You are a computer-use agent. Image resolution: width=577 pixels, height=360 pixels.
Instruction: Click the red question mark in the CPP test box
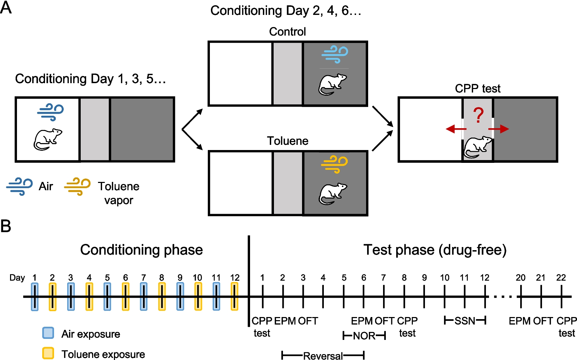[478, 115]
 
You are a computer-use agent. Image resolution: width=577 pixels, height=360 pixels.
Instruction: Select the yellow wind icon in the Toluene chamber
[334, 164]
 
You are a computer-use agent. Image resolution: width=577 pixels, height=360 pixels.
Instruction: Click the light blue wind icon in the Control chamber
[335, 54]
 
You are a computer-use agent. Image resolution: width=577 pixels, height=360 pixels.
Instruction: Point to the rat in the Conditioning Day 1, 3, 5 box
[47, 139]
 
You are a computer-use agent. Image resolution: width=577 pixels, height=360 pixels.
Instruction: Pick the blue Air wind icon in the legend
[19, 186]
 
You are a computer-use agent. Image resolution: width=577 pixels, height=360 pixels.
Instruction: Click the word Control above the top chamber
[287, 32]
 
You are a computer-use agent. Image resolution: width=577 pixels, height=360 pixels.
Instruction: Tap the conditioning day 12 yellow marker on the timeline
[234, 297]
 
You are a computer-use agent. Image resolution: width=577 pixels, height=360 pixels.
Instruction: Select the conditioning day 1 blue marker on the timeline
[35, 297]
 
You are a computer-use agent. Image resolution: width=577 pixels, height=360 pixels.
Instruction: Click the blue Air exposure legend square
[48, 333]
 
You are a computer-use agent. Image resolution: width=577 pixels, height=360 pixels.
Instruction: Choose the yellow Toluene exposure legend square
[48, 353]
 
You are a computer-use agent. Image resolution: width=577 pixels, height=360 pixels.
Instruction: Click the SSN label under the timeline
[465, 321]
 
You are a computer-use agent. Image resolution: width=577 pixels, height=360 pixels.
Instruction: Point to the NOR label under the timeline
[364, 336]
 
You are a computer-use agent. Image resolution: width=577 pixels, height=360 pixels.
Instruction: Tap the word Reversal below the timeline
[323, 356]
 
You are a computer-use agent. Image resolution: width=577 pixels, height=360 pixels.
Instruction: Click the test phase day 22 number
[561, 278]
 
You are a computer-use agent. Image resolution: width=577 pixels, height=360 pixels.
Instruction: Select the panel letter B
[6, 226]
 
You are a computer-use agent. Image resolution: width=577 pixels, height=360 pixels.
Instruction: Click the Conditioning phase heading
[141, 250]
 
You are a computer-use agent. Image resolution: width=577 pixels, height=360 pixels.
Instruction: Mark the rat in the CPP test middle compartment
[478, 147]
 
